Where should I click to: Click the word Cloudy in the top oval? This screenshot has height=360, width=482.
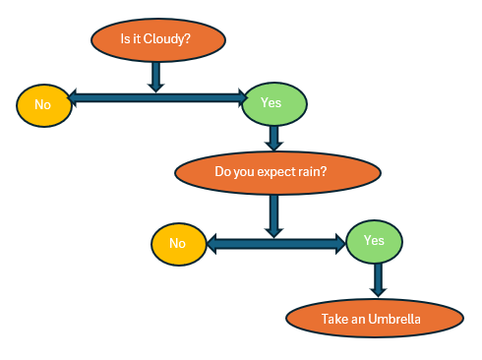[168, 40]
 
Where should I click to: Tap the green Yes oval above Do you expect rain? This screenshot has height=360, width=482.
[273, 102]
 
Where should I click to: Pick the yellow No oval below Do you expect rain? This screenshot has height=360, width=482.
[178, 244]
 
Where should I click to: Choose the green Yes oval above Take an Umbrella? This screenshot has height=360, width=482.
[374, 240]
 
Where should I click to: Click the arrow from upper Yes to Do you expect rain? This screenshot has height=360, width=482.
[274, 135]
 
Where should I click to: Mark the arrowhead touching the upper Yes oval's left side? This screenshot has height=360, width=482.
[239, 97]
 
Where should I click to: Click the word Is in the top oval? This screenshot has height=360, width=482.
[125, 40]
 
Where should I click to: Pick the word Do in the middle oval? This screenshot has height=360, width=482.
[223, 173]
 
